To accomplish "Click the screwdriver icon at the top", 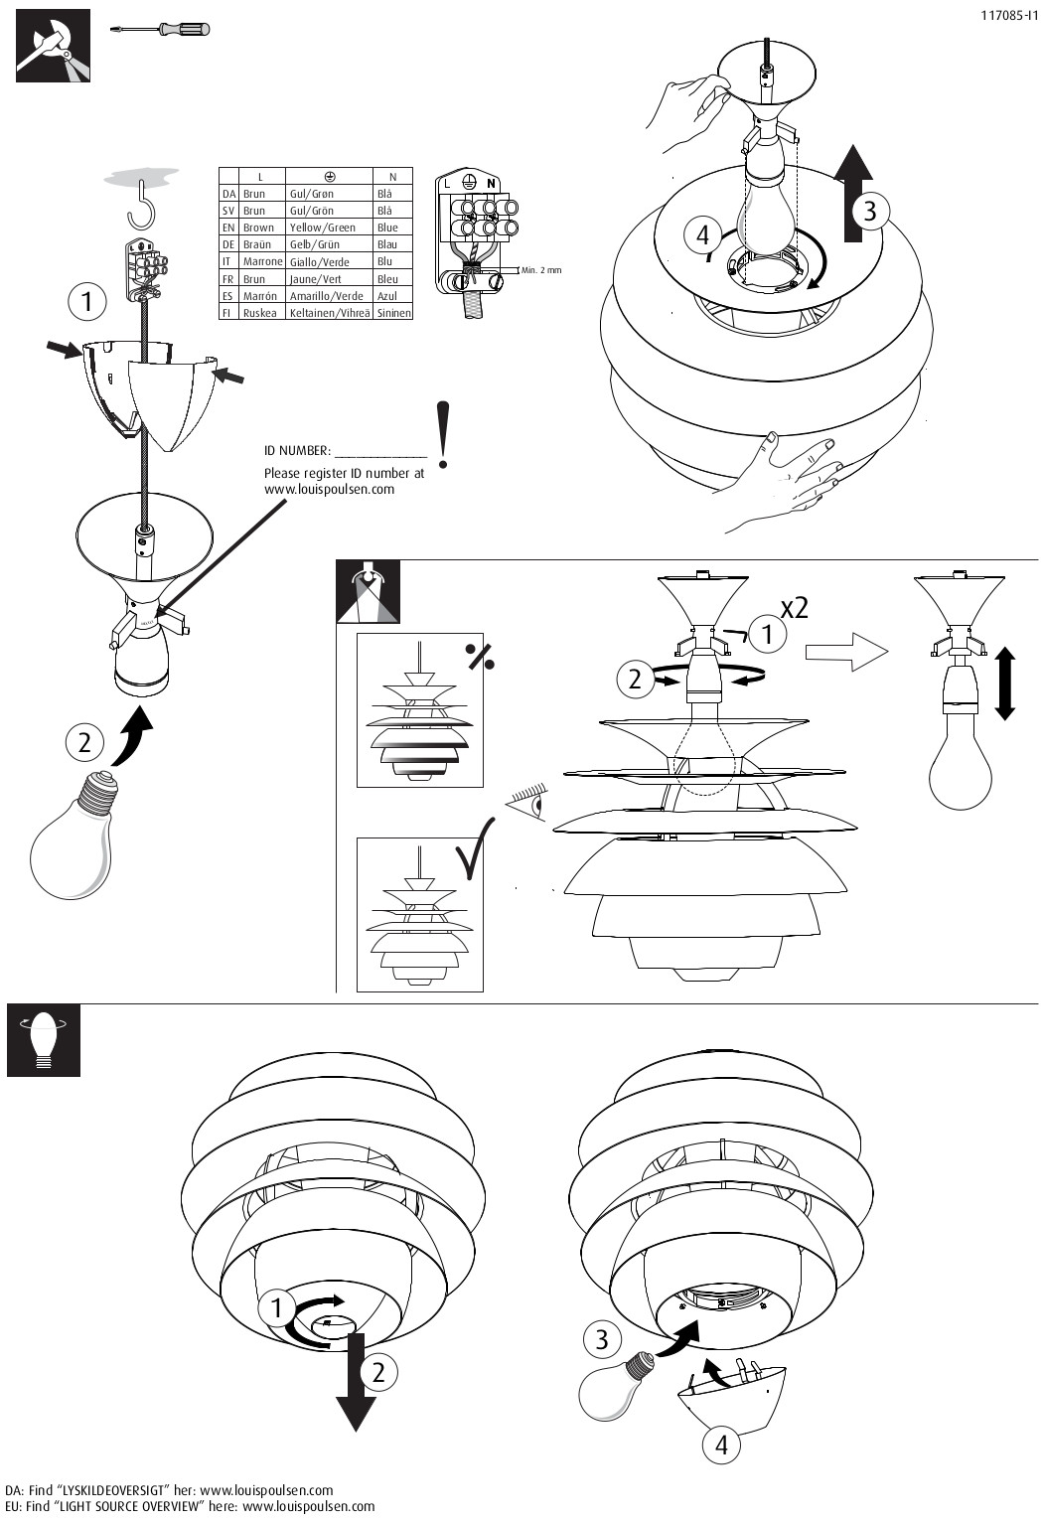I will [164, 29].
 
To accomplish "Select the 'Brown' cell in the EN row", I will [258, 228].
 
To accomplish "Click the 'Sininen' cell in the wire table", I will [393, 312].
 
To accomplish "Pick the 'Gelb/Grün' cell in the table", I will [314, 244].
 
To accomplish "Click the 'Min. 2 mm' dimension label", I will [540, 270].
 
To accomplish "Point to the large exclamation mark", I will [443, 434].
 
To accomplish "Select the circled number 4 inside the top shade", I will [703, 235].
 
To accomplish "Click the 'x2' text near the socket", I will [794, 607].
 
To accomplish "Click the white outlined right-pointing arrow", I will [845, 653].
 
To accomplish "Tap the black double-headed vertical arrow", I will [1004, 684].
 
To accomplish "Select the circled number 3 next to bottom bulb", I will [601, 1339].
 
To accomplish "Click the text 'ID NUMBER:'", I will [297, 451].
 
